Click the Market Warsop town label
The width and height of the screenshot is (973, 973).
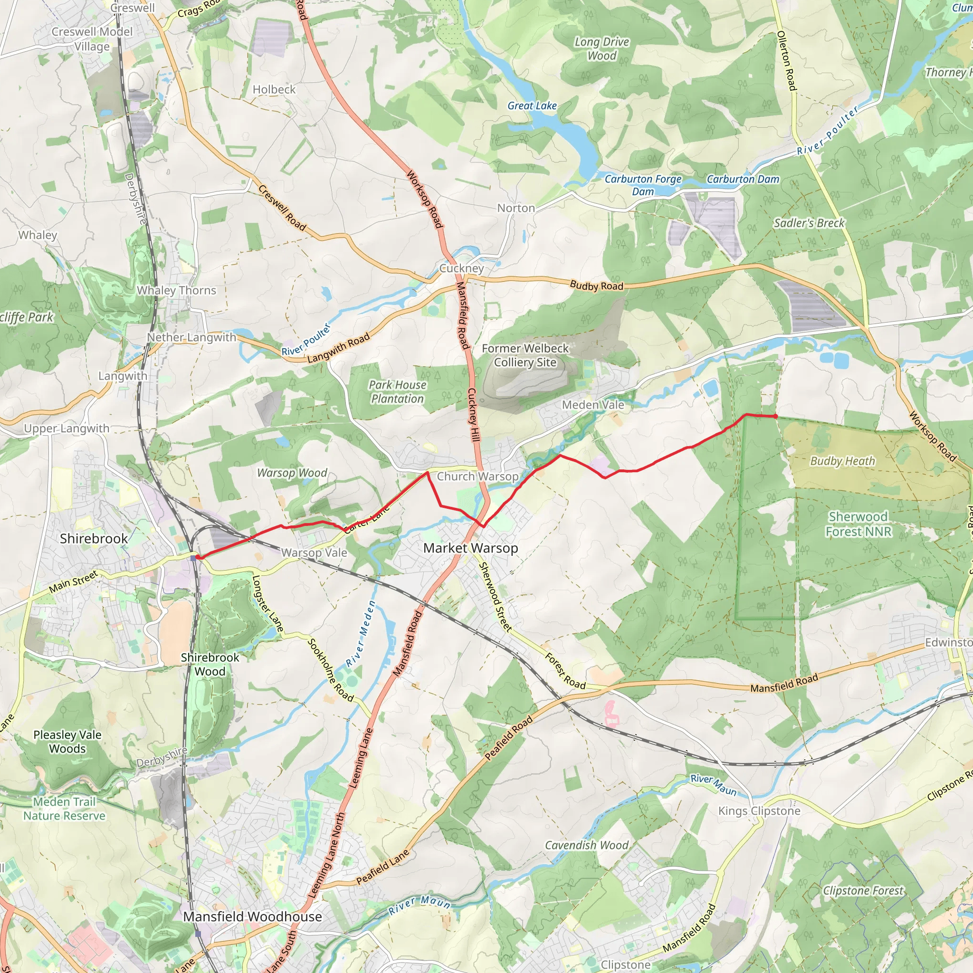(470, 548)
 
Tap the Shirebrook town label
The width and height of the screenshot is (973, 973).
(94, 538)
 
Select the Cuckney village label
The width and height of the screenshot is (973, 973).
(461, 268)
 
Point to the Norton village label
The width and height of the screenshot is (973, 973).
(515, 208)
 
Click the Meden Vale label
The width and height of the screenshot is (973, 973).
(593, 405)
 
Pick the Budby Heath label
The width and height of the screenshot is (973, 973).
(842, 461)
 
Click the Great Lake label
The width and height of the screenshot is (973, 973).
(532, 106)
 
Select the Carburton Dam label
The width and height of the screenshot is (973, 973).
(743, 179)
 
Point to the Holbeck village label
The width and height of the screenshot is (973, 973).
(274, 90)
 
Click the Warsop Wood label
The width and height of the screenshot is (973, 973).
(292, 473)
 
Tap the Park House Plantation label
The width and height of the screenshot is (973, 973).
(397, 392)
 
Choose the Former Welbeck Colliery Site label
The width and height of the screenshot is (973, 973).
(525, 355)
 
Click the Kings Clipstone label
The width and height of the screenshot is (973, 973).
(759, 811)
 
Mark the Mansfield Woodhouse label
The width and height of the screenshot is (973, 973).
(252, 916)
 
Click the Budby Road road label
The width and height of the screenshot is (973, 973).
(596, 286)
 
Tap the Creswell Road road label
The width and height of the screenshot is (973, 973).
(282, 208)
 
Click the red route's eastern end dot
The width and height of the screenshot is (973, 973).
(775, 417)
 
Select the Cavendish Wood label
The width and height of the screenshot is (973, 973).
(587, 845)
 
